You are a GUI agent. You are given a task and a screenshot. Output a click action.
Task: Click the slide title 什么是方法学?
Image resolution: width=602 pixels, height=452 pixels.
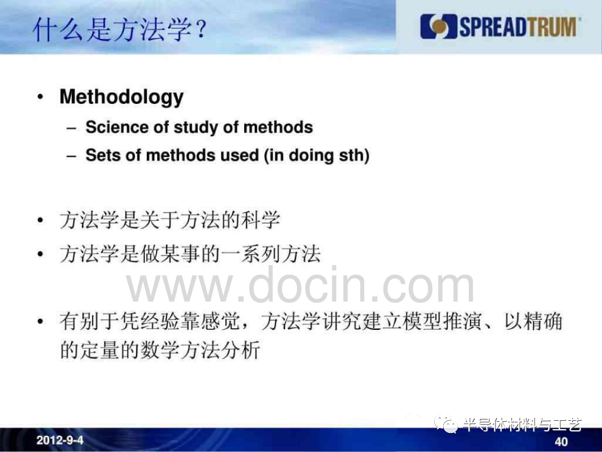pyautogui.click(x=120, y=30)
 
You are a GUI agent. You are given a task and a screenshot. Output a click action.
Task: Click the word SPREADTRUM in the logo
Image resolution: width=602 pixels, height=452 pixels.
pyautogui.click(x=518, y=27)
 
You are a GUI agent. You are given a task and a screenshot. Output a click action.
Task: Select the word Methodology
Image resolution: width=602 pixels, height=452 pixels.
pyautogui.click(x=122, y=97)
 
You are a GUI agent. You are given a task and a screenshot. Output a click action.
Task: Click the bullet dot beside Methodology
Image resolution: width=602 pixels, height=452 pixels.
pyautogui.click(x=40, y=97)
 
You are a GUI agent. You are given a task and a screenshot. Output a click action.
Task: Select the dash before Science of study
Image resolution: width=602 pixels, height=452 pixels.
pyautogui.click(x=71, y=128)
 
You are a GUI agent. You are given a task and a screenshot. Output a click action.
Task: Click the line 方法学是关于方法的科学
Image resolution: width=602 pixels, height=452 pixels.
pyautogui.click(x=169, y=220)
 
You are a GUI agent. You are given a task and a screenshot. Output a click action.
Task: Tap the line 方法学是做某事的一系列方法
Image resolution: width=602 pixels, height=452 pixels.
pyautogui.click(x=190, y=254)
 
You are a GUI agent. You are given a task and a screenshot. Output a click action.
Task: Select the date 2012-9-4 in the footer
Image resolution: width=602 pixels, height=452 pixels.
pyautogui.click(x=60, y=440)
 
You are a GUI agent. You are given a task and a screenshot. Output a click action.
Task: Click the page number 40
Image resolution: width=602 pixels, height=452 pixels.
pyautogui.click(x=561, y=442)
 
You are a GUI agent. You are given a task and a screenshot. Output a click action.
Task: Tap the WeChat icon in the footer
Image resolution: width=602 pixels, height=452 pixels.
pyautogui.click(x=446, y=424)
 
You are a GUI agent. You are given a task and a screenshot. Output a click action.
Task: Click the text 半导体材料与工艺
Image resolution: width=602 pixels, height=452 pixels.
pyautogui.click(x=522, y=425)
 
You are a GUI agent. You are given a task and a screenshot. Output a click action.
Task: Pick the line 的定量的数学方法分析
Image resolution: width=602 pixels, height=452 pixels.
pyautogui.click(x=160, y=350)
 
